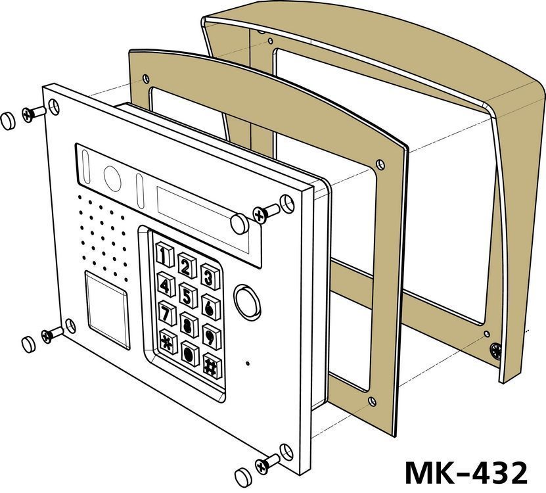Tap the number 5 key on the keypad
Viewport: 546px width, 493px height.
click(x=189, y=296)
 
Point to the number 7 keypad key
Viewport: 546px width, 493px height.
click(x=167, y=311)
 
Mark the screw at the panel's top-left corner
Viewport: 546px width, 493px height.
click(x=30, y=113)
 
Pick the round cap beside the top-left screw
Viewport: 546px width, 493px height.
click(x=9, y=120)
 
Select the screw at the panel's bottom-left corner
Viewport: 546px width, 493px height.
click(x=48, y=335)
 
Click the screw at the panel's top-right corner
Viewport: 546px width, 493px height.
click(x=262, y=213)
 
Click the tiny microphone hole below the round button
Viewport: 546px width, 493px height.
click(x=248, y=362)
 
